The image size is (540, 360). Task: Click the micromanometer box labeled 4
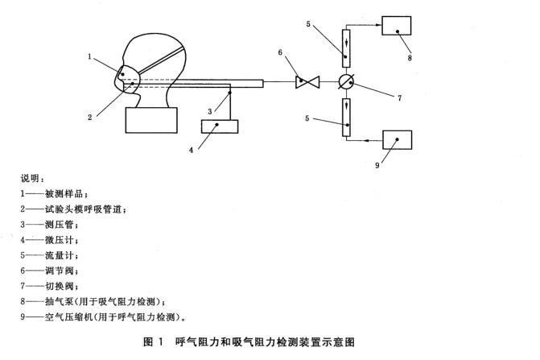pyautogui.click(x=219, y=126)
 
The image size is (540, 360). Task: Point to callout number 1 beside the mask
pyautogui.click(x=92, y=56)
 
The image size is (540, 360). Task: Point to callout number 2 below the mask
pyautogui.click(x=91, y=117)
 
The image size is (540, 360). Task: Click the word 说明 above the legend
pyautogui.click(x=33, y=179)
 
